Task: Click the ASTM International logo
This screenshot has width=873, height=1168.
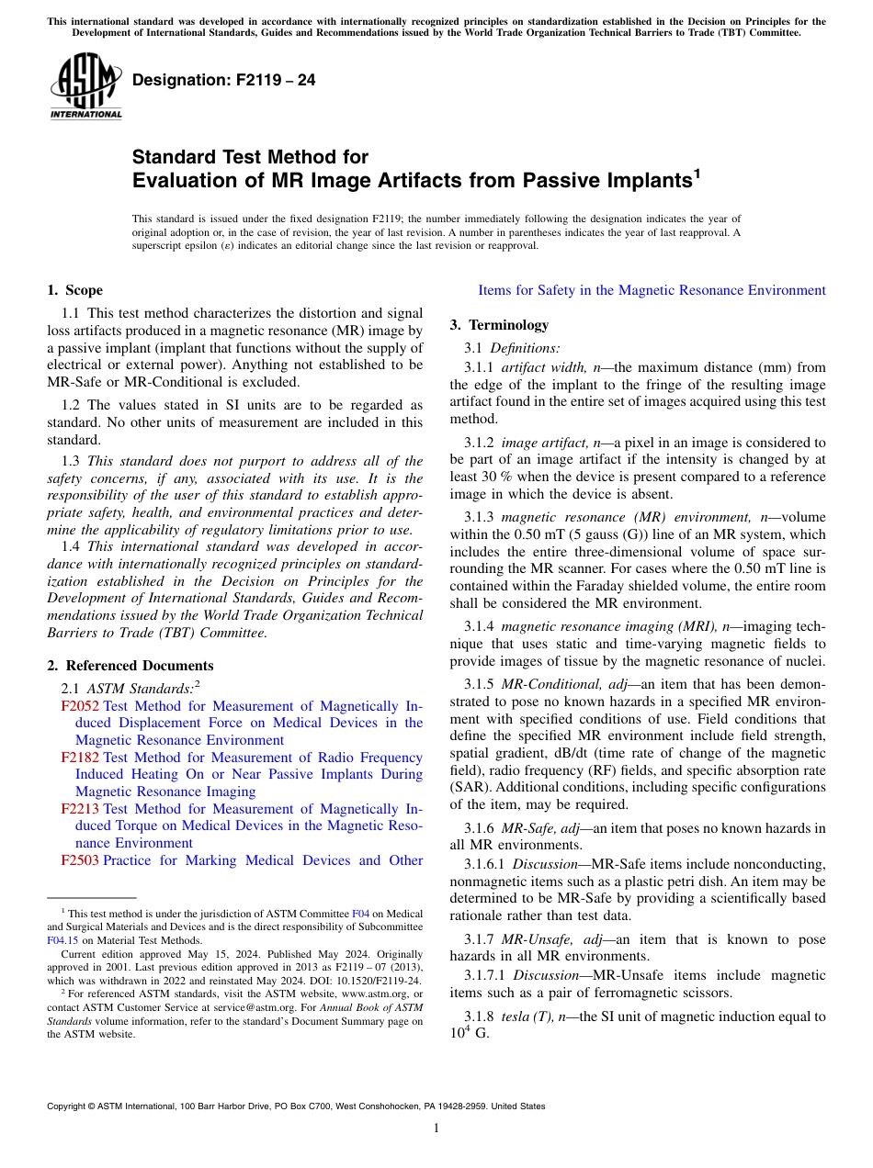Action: point(85,87)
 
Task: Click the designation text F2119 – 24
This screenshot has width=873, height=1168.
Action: point(223,81)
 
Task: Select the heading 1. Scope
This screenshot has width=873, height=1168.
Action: point(75,290)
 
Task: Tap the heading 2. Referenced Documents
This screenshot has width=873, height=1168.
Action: point(130,666)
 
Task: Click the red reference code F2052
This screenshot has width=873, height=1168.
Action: point(80,706)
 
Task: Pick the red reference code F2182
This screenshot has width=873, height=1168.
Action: point(80,758)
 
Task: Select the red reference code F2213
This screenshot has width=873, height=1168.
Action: point(80,809)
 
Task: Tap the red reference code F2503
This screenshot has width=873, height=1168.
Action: point(80,860)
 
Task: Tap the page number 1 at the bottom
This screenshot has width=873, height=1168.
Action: point(436,1128)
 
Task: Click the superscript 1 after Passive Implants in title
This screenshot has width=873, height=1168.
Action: point(697,172)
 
